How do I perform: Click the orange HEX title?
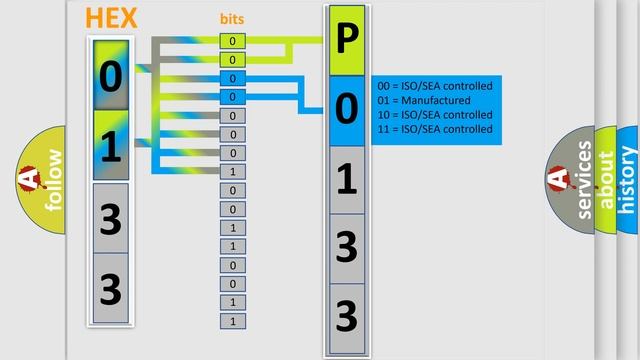112,18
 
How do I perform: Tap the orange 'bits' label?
232,19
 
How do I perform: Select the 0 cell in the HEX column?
111,75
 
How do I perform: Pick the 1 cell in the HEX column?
111,146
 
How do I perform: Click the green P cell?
346,40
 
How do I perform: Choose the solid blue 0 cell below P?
346,110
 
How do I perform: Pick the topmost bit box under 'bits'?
232,41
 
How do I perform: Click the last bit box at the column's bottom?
232,321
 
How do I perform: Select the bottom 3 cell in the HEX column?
111,289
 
